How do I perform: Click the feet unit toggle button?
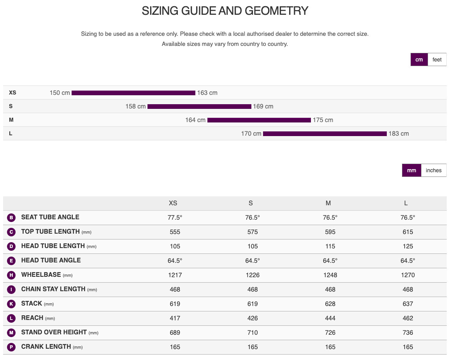[437, 59]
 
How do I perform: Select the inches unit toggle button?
[433, 170]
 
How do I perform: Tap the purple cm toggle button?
[419, 59]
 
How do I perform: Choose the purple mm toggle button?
[412, 170]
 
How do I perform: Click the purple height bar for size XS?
[133, 93]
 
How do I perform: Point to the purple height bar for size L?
[325, 134]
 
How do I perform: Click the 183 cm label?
[398, 134]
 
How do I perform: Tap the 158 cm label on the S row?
[135, 106]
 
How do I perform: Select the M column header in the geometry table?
[328, 203]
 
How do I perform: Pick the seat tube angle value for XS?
[175, 217]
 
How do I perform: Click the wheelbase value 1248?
[330, 275]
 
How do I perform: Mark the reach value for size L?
[408, 318]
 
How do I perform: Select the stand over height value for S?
[253, 332]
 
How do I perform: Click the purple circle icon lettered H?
[11, 275]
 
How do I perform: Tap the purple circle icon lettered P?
[11, 347]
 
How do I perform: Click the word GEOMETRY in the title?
[276, 11]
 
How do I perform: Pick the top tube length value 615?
[408, 232]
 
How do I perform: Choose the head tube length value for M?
[330, 246]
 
